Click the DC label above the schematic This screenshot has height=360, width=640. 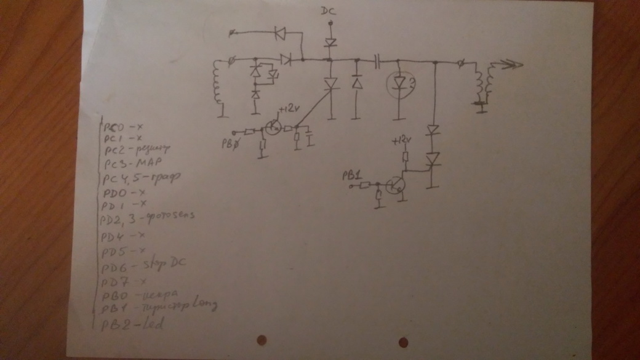pyautogui.click(x=329, y=11)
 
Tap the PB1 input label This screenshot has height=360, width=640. pyautogui.click(x=353, y=176)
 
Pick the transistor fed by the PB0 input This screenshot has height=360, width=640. pyautogui.click(x=274, y=128)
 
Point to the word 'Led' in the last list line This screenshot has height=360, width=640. pyautogui.click(x=150, y=324)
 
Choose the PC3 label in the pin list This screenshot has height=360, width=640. pyautogui.click(x=116, y=164)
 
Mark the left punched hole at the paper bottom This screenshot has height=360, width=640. pyautogui.click(x=261, y=340)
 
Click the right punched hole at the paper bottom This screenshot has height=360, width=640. pyautogui.click(x=404, y=342)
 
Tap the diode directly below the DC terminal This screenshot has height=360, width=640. pyautogui.click(x=330, y=42)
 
